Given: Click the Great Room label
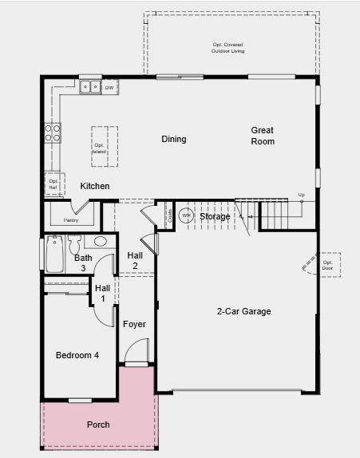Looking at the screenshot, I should click(x=262, y=136).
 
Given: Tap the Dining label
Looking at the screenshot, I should click(x=174, y=139).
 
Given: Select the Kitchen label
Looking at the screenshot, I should click(x=95, y=186).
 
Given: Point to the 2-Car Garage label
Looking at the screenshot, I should click(x=244, y=311).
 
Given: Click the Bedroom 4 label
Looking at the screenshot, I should click(x=77, y=355).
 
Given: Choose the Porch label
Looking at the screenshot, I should click(x=98, y=424).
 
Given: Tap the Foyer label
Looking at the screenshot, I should click(x=134, y=324).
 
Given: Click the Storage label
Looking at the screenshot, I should click(x=215, y=216).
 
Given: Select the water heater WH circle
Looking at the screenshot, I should click(x=185, y=215).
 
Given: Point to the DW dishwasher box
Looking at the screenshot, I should click(x=109, y=86).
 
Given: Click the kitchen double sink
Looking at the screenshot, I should click(x=91, y=86).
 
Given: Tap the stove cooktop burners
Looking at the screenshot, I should click(x=53, y=132).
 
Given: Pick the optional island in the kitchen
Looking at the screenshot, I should click(x=100, y=146).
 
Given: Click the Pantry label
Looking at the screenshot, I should click(x=71, y=220).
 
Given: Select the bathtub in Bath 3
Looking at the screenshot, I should click(x=54, y=254).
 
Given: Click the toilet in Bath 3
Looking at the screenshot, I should click(x=74, y=245).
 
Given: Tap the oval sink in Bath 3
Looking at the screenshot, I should click(x=101, y=242).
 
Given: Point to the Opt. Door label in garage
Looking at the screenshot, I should click(x=327, y=264).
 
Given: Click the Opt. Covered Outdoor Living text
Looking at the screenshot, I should click(x=228, y=47).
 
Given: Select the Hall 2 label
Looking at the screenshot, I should click(x=135, y=260).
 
